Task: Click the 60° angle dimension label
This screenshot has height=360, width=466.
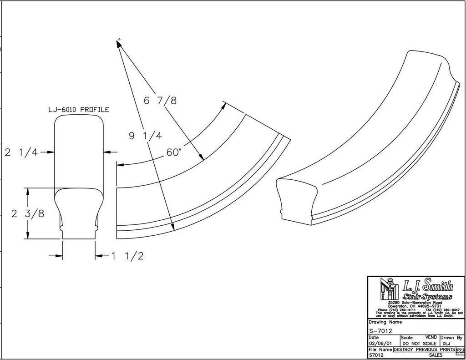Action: [x=173, y=153]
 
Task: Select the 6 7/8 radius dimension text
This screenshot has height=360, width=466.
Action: [x=160, y=101]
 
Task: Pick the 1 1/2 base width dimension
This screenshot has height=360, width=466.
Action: [x=128, y=256]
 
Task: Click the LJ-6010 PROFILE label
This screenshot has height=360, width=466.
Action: [x=79, y=110]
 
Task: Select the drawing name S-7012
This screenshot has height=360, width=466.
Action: [x=380, y=331]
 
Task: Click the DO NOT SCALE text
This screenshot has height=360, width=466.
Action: [x=420, y=343]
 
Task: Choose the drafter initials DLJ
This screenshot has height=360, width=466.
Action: [x=447, y=343]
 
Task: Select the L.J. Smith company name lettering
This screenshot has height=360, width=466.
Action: [x=427, y=286]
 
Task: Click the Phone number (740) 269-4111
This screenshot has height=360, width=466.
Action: [x=395, y=309]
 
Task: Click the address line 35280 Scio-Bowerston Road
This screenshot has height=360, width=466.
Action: [x=415, y=302]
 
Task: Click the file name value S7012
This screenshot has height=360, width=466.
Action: [x=377, y=355]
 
